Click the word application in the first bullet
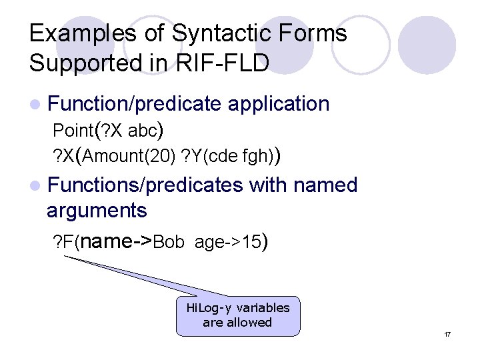(x=279, y=104)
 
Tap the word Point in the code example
(x=73, y=129)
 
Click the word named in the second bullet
(x=326, y=185)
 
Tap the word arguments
(x=97, y=211)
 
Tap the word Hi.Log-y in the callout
(x=206, y=308)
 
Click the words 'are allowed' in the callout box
(x=237, y=323)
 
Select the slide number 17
(x=447, y=334)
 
